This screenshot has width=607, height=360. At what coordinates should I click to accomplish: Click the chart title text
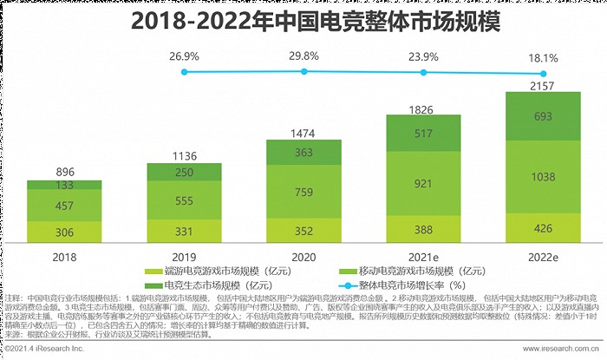(x=303, y=20)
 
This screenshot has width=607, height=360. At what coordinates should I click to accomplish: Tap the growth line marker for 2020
(x=303, y=73)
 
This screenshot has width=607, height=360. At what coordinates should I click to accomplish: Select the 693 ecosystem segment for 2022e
(x=542, y=115)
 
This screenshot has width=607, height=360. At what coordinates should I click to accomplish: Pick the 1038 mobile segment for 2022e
(x=542, y=175)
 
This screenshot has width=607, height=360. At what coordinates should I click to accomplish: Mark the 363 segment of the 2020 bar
(x=303, y=152)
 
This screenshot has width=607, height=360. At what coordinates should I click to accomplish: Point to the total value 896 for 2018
(x=64, y=172)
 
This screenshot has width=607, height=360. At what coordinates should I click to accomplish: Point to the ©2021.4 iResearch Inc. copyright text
(x=43, y=350)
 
